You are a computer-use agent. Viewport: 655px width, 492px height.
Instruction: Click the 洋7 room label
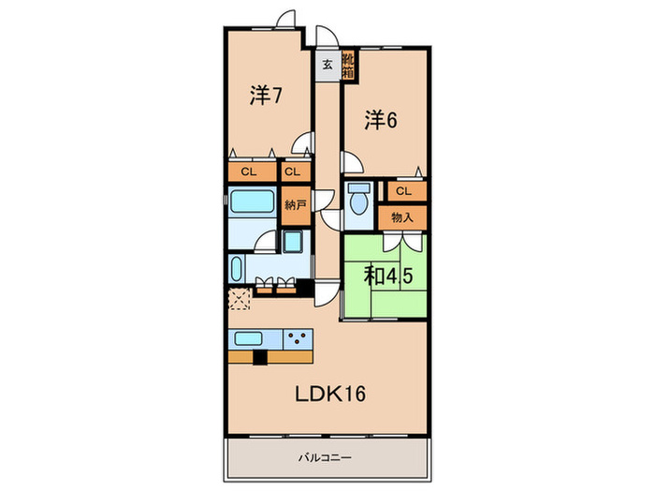pyautogui.click(x=266, y=95)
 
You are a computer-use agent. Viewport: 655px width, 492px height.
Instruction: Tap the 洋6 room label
pyautogui.click(x=381, y=119)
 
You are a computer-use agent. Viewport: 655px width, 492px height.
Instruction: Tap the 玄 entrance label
pyautogui.click(x=327, y=65)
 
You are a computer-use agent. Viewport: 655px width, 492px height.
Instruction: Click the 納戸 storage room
pyautogui.click(x=295, y=205)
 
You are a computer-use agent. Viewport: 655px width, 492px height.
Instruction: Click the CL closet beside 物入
pyautogui.click(x=403, y=190)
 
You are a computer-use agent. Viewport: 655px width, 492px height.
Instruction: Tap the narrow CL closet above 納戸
pyautogui.click(x=294, y=172)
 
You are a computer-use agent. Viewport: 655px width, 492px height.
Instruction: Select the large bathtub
pyautogui.click(x=250, y=202)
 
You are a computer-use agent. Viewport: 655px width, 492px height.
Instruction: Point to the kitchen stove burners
pyautogui.click(x=298, y=340)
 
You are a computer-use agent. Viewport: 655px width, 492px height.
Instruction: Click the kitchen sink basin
pyautogui.click(x=248, y=339)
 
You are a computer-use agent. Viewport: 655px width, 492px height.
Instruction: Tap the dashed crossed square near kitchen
pyautogui.click(x=239, y=301)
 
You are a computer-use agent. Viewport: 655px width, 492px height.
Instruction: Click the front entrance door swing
pyautogui.click(x=325, y=37)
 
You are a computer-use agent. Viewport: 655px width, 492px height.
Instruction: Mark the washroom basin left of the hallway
pyautogui.click(x=293, y=245)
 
